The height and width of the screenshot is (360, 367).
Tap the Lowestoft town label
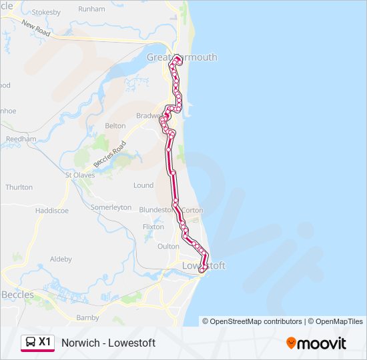tap(204, 265)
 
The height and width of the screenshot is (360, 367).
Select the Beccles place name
tap(17, 294)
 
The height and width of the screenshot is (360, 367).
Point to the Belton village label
tap(115, 125)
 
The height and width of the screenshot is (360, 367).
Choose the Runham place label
tap(91, 9)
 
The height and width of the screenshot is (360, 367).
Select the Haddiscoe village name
tap(51, 210)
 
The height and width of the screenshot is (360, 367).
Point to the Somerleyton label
tap(111, 207)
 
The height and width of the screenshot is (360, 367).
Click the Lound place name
tap(143, 185)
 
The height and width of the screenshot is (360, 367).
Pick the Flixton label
tap(153, 227)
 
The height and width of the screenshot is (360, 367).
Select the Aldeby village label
tap(61, 259)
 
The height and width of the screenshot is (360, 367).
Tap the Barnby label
tap(87, 318)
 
